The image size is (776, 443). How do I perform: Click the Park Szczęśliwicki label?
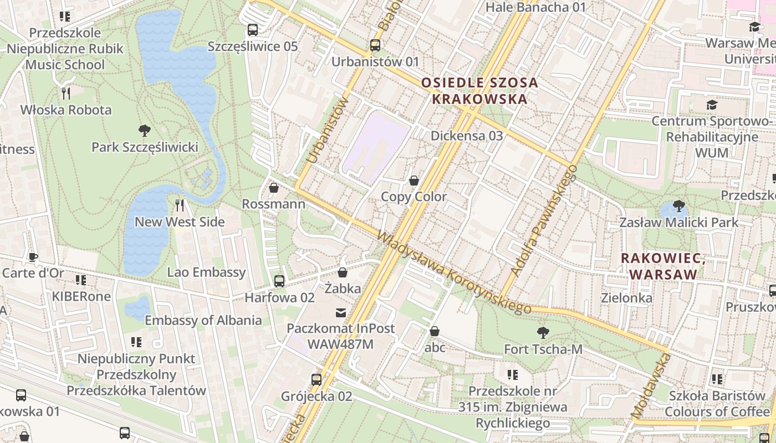click(x=145, y=147)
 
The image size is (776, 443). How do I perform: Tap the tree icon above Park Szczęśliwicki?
click(x=145, y=131)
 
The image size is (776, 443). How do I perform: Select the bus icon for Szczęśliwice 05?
click(x=253, y=29)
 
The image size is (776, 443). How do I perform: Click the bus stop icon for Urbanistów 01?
click(x=375, y=45)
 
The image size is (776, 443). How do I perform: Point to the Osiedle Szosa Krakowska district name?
click(x=479, y=91)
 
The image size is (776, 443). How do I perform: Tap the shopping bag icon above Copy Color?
click(x=413, y=181)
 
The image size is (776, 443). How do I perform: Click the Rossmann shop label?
click(x=273, y=204)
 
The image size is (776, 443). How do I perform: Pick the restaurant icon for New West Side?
click(x=180, y=205)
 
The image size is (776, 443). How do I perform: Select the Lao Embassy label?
click(x=206, y=272)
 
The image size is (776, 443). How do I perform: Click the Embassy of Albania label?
click(x=203, y=320)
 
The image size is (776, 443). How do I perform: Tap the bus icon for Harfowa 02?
click(x=279, y=281)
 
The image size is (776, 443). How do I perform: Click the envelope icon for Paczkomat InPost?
click(x=340, y=313)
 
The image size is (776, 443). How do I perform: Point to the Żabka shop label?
click(x=343, y=289)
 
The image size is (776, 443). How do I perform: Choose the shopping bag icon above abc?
click(x=435, y=331)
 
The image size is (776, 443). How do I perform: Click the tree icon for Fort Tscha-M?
click(x=543, y=333)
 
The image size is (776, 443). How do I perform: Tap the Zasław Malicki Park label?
click(x=678, y=223)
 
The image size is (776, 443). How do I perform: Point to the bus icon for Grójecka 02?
click(x=316, y=380)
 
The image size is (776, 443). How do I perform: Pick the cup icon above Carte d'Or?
click(x=33, y=256)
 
